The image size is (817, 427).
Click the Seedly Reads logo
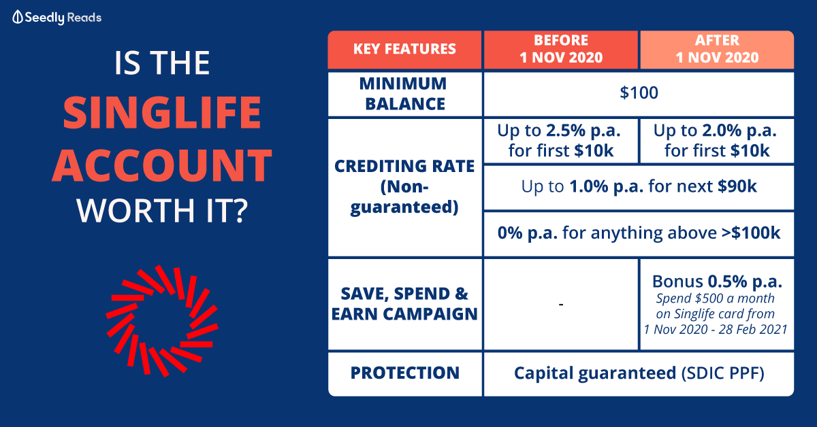coord(57,18)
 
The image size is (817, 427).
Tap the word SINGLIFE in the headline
coord(162,113)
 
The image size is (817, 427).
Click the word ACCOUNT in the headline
coord(162,165)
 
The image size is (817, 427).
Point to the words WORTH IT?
coord(162,211)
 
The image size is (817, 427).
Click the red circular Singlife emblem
coord(162,321)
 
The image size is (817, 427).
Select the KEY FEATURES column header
coord(404,50)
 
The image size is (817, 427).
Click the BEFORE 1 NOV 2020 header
coord(561,50)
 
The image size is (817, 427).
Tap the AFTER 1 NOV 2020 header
coord(717,50)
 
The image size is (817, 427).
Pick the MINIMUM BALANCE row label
coord(404,94)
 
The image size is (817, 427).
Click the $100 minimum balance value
coord(639,93)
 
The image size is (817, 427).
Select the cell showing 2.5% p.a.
coord(561,141)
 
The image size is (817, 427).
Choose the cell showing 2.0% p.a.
coord(717,141)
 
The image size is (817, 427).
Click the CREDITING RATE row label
coord(404,187)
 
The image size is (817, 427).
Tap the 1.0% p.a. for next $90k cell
coord(639,187)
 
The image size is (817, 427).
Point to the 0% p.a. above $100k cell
coord(639,234)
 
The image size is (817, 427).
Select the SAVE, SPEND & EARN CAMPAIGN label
coord(404,304)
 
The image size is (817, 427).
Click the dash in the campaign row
coord(561,304)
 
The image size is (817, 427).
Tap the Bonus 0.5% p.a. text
coord(717,281)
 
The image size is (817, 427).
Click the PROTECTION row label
coord(404,373)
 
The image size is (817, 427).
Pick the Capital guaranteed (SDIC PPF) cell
coord(639,373)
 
